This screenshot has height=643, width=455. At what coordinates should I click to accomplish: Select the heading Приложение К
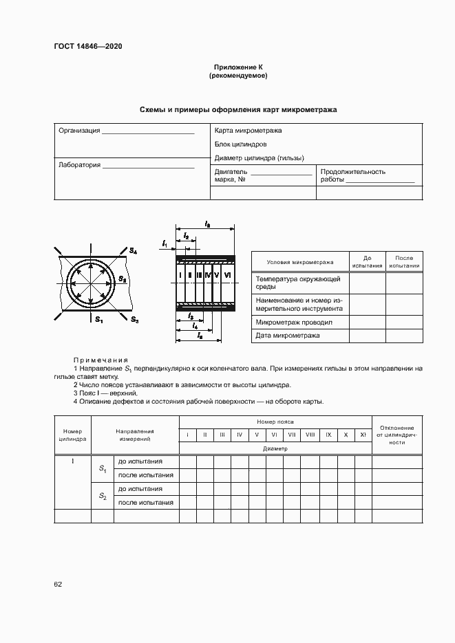click(237, 67)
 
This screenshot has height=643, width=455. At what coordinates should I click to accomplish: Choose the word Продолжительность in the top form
click(353, 172)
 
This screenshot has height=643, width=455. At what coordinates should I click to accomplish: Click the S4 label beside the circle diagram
click(133, 252)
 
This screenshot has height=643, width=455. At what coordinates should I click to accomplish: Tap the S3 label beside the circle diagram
click(135, 320)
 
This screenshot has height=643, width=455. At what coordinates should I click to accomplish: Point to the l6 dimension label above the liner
click(207, 224)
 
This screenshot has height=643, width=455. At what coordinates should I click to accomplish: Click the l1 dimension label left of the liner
click(165, 243)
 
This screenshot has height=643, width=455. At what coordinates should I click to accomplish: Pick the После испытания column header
click(404, 261)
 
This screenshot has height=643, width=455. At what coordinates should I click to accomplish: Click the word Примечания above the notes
click(101, 360)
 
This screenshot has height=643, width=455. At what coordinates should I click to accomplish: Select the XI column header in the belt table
click(362, 435)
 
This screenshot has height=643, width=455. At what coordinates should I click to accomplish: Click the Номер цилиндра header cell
click(72, 435)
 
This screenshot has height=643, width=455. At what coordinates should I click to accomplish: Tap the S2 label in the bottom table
click(102, 496)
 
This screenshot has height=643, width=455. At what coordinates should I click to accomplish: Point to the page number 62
click(58, 585)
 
